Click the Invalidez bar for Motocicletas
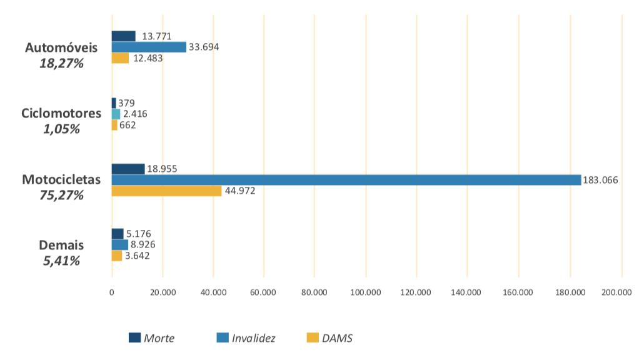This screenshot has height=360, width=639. [x=346, y=180]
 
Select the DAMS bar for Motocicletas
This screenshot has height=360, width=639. [x=166, y=191]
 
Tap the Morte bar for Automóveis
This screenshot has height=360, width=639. [x=123, y=36]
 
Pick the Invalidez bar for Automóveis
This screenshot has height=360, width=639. [x=149, y=47]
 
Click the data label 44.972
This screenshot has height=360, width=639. [x=240, y=191]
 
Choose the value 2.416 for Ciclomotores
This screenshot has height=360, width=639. [x=135, y=114]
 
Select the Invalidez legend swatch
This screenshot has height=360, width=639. [x=222, y=338]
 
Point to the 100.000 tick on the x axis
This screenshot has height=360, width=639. [x=366, y=291]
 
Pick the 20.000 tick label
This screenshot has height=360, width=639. [x=162, y=291]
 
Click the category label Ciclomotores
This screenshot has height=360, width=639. [x=61, y=113]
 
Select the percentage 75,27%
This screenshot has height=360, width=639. [x=61, y=195]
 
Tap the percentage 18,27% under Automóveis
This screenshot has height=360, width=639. [x=61, y=63]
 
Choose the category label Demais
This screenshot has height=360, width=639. [x=61, y=245]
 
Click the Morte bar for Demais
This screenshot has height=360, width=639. [x=118, y=234]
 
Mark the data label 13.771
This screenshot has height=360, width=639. [x=156, y=36]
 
